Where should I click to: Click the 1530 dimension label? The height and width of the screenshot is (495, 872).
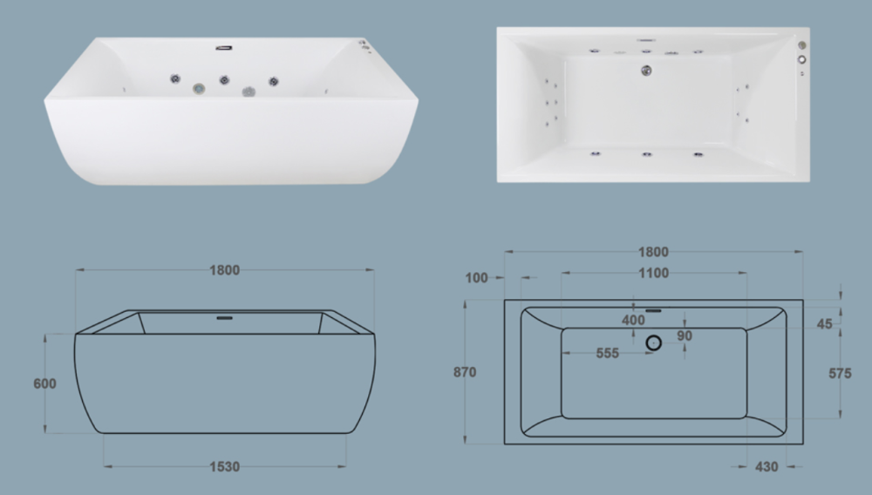225,466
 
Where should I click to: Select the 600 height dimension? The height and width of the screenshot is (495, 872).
44,384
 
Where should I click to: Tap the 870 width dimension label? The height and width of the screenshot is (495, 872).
465,372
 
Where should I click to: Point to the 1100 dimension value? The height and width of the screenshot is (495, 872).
653,274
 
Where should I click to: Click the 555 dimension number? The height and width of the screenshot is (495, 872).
607,353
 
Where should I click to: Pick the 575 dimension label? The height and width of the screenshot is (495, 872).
840,374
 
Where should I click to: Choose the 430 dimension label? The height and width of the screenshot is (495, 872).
766,466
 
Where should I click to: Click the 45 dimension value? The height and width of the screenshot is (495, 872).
824,324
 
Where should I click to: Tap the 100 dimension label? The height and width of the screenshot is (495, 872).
476,278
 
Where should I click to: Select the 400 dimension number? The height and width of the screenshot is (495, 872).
633,320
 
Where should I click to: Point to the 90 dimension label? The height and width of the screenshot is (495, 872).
684,336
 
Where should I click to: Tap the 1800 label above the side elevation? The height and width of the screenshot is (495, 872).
225,270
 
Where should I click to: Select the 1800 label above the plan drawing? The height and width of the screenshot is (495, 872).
653,252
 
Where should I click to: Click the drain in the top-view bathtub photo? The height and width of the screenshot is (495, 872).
646,71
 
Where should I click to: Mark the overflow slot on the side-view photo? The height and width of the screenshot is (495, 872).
224,48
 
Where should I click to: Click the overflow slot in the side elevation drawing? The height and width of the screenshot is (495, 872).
225,318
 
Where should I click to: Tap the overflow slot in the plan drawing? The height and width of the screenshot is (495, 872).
653,311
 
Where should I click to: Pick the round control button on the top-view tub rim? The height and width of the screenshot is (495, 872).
802,59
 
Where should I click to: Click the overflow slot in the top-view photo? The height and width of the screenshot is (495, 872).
646,40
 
